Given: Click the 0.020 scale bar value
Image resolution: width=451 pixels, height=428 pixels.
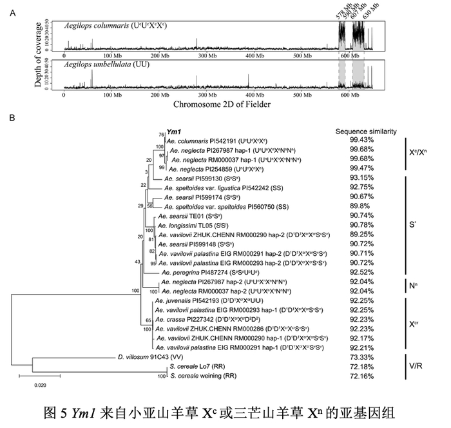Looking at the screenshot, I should [41, 385].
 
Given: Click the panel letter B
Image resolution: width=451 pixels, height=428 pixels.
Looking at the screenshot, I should [12, 117].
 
